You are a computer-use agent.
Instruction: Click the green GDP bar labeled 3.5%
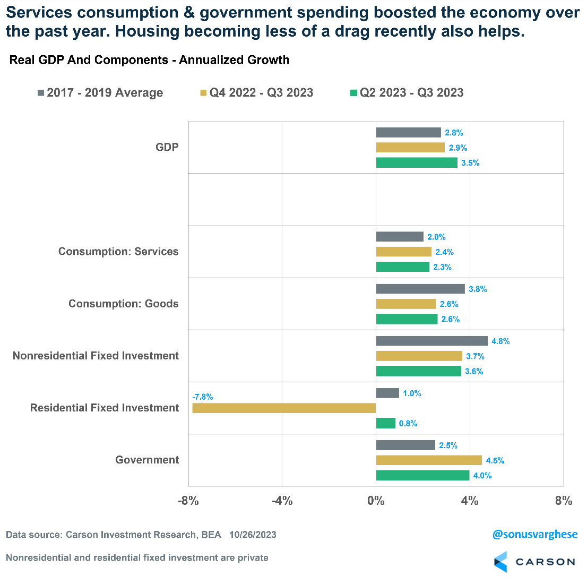click(x=417, y=162)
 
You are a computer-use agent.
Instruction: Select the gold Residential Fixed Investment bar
click(x=284, y=408)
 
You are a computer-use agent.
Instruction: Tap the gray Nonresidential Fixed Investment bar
click(x=431, y=341)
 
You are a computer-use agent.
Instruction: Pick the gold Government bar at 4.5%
click(x=429, y=460)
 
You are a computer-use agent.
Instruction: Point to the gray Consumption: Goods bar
click(x=420, y=289)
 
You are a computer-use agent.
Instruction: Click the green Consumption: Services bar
click(x=402, y=267)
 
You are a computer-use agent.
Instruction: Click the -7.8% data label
click(x=202, y=397)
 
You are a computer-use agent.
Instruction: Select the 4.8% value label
click(x=500, y=341)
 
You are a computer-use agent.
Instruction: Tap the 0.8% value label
click(x=408, y=423)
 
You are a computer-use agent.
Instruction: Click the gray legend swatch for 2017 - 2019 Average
click(x=41, y=93)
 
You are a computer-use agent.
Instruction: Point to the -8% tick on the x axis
click(x=188, y=501)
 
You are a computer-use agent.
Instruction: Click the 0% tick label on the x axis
click(x=376, y=501)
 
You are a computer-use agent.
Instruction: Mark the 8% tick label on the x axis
click(x=564, y=501)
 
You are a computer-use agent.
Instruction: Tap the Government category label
click(x=147, y=460)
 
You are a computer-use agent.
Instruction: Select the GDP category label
click(x=167, y=147)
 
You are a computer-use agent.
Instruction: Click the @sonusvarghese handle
click(x=534, y=535)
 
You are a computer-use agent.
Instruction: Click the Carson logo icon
click(x=500, y=562)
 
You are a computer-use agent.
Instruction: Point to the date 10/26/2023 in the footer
click(x=253, y=535)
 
